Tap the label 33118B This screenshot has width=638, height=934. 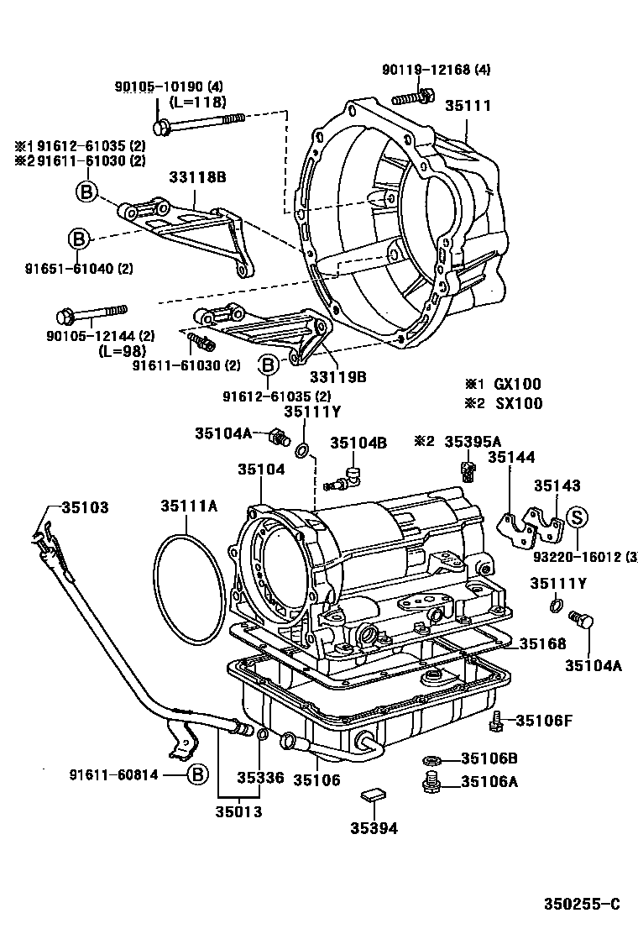point(198,176)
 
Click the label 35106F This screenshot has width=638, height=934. point(544,720)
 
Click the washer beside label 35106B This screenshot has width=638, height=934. point(431,759)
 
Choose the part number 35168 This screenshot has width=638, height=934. point(542,643)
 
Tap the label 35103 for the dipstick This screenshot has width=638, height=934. point(84,508)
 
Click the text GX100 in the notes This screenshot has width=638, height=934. point(518,383)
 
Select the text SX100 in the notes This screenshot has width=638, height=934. point(518,403)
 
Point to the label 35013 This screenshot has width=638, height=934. point(238,811)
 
